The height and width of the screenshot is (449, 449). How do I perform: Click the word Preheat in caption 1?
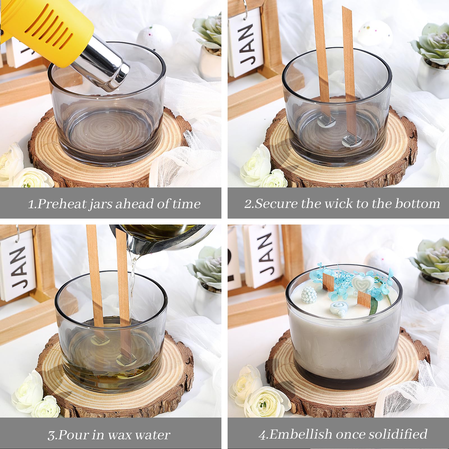click(61, 204)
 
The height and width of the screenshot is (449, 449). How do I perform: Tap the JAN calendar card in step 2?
click(246, 42)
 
